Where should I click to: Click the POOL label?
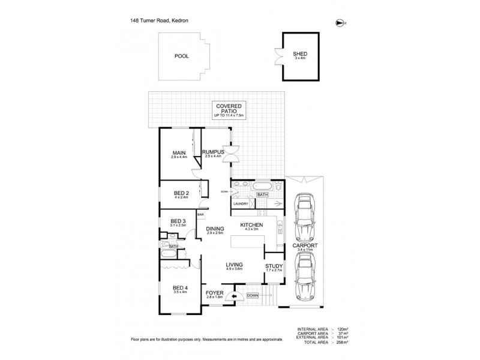pyautogui.click(x=181, y=56)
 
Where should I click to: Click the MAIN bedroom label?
pyautogui.click(x=179, y=153)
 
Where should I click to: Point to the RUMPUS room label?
pyautogui.click(x=213, y=152)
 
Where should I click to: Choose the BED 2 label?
pyautogui.click(x=182, y=193)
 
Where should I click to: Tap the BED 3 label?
pyautogui.click(x=178, y=221)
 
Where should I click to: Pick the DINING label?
pyautogui.click(x=215, y=229)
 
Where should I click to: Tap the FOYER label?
pyautogui.click(x=214, y=293)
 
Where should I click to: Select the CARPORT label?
pyautogui.click(x=307, y=245)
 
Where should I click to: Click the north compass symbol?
pyautogui.click(x=341, y=22)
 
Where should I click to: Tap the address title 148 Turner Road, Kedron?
pyautogui.click(x=158, y=20)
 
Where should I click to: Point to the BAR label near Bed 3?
pyautogui.click(x=201, y=214)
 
